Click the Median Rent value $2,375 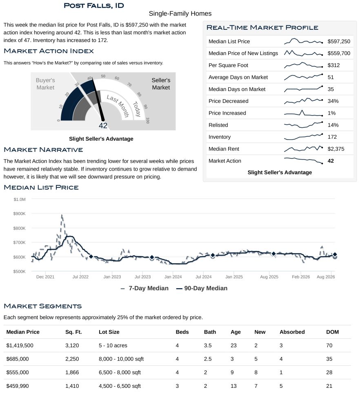click(x=336, y=149)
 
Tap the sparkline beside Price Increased click(x=303, y=113)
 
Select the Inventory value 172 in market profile click(x=332, y=137)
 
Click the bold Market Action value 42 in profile click(x=331, y=161)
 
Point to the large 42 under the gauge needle click(x=103, y=126)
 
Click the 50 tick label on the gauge click(x=103, y=76)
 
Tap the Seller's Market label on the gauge click(x=161, y=84)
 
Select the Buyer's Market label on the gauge click(x=45, y=84)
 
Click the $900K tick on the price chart click(x=20, y=214)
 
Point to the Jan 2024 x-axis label click(x=173, y=277)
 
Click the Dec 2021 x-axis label click(x=45, y=277)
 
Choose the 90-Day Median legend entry click(x=202, y=289)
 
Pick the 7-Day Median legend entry click(x=144, y=289)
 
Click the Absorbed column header click(x=292, y=332)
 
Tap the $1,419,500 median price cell click(x=20, y=346)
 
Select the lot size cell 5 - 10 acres click(x=113, y=346)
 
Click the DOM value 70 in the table click(x=329, y=346)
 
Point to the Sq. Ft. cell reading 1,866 click(x=72, y=373)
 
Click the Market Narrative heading click(x=43, y=150)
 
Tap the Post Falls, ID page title click(x=94, y=6)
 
